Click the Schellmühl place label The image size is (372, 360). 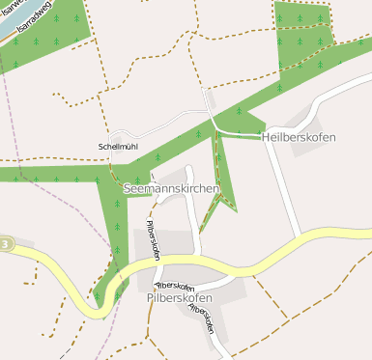point(118,147)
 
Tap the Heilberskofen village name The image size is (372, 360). point(299,137)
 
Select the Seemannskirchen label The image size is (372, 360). point(172,188)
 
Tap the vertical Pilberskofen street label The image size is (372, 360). point(153,240)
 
